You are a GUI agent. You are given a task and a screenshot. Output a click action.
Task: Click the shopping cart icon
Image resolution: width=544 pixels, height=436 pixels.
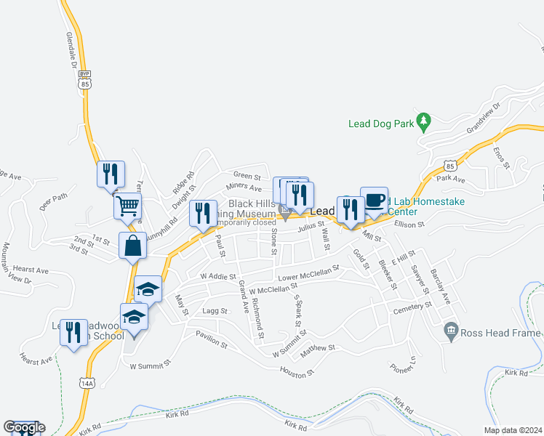pyautogui.click(x=127, y=206)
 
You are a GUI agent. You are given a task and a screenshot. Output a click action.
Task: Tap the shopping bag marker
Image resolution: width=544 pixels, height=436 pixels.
pyautogui.click(x=135, y=246)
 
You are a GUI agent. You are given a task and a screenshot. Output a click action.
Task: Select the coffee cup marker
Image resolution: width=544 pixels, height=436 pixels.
pyautogui.click(x=374, y=200)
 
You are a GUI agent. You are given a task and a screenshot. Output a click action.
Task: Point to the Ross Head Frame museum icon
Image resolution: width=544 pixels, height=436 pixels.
pyautogui.click(x=450, y=331)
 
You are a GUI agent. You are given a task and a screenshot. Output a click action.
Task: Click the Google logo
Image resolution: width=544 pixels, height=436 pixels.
pyautogui.click(x=24, y=427)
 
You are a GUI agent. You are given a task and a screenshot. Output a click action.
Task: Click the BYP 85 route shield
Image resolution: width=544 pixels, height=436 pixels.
pyautogui.click(x=85, y=81)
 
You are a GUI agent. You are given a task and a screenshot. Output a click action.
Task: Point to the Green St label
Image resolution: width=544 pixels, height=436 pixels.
pyautogui.click(x=247, y=175)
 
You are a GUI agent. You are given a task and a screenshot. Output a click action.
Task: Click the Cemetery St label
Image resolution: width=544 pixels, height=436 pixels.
pyautogui.click(x=412, y=307)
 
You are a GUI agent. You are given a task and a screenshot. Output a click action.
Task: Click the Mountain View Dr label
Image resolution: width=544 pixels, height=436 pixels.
pyautogui.click(x=17, y=263)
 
